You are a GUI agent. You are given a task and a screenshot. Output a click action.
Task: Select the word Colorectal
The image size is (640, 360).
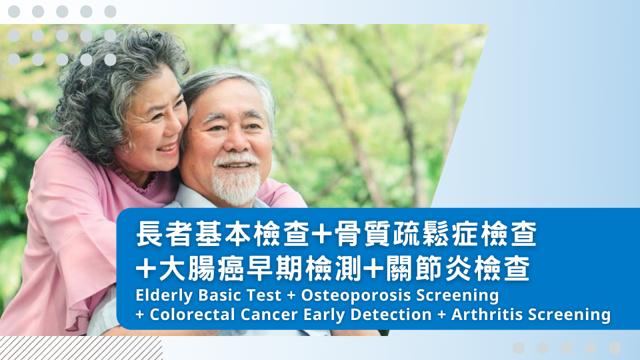point(193,315)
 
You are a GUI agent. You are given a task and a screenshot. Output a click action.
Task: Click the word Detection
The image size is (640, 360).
point(391,315)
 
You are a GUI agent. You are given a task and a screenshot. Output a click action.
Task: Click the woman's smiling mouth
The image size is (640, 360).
point(168,148)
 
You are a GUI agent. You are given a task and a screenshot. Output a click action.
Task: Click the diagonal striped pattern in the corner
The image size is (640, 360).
point(81,348)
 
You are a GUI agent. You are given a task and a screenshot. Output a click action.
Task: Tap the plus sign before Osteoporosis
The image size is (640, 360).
point(291,296)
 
